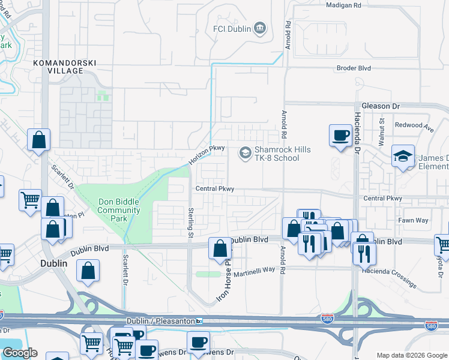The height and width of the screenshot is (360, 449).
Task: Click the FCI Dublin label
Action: (x=232, y=29)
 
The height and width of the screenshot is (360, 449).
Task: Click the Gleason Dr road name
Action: (x=379, y=106)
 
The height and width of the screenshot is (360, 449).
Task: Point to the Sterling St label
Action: (x=190, y=223)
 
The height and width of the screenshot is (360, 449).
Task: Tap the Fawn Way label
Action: (x=413, y=220)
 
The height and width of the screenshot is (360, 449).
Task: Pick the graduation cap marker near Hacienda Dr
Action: (x=403, y=157)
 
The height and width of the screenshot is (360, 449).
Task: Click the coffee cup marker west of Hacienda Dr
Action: (x=340, y=134)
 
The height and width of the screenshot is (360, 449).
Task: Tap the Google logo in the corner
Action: (x=20, y=353)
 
